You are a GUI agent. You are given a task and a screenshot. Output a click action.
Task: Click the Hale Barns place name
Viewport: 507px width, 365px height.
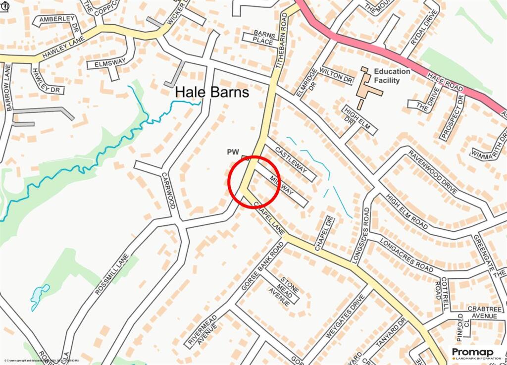tap(212, 93)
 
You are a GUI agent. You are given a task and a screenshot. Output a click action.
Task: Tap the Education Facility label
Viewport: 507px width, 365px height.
tap(392, 76)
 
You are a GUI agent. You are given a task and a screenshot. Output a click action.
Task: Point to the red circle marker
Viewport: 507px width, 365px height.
tap(254, 182)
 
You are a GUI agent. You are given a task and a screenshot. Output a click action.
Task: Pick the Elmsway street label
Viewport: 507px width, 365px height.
tap(106, 64)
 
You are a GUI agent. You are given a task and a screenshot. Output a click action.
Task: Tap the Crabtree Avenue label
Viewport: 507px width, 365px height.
tap(485, 313)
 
